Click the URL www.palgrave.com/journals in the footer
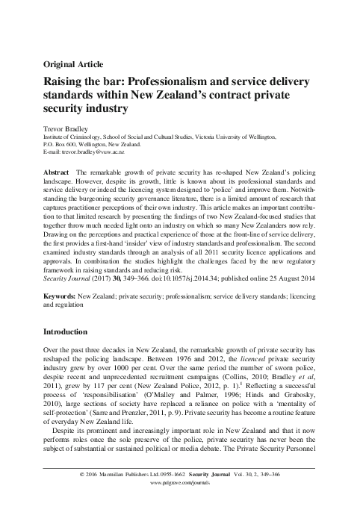pyautogui.click(x=180, y=504)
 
